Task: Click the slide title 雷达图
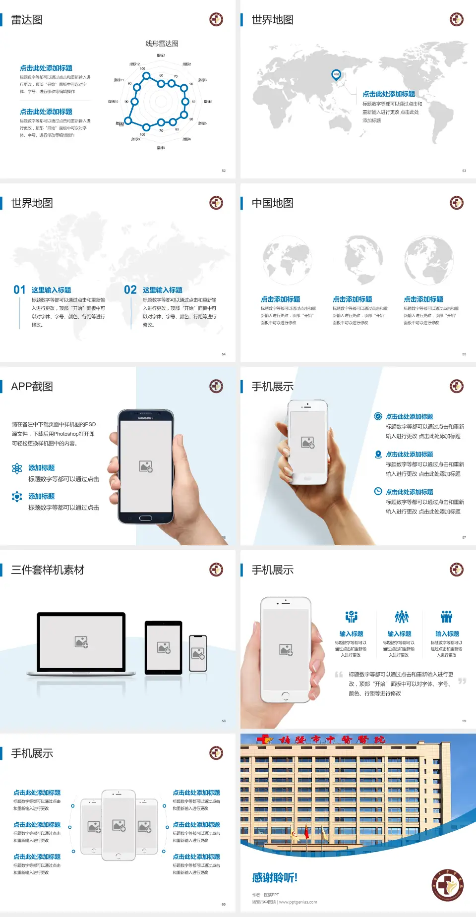(27, 20)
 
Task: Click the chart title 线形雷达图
(162, 44)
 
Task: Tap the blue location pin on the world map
(336, 75)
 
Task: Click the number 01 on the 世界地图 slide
(19, 290)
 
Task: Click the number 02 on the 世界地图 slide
(130, 290)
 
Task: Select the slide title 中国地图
(272, 203)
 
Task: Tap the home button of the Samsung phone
(145, 518)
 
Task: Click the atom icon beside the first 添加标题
(17, 468)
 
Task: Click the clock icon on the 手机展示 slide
(378, 491)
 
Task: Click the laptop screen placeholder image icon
(81, 642)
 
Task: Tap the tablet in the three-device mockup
(164, 647)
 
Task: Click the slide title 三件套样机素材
(48, 570)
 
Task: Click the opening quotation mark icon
(339, 675)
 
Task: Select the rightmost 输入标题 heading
(447, 634)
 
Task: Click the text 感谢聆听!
(275, 878)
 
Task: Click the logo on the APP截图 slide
(216, 386)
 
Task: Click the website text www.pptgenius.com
(298, 902)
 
